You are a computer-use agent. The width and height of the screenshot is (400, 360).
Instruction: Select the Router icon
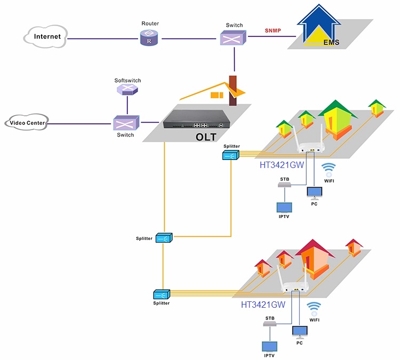pyautogui.click(x=149, y=38)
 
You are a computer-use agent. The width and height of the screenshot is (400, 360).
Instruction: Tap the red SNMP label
pyautogui.click(x=273, y=30)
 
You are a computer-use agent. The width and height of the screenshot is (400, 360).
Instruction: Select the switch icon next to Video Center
pyautogui.click(x=126, y=123)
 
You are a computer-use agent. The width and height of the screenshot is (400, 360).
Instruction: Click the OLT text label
pyautogui.click(x=205, y=137)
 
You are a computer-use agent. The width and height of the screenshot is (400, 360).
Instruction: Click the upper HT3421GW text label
pyautogui.click(x=281, y=165)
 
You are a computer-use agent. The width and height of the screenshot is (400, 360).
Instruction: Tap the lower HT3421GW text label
pyautogui.click(x=264, y=306)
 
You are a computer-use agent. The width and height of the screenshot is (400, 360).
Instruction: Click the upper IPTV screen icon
pyautogui.click(x=284, y=207)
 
